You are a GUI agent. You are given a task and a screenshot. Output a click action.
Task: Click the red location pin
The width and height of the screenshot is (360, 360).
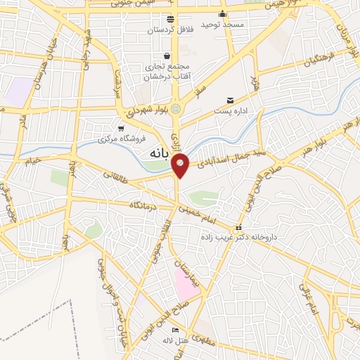click(181, 165)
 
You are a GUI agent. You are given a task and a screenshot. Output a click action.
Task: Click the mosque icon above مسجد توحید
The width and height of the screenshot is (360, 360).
click(223, 14)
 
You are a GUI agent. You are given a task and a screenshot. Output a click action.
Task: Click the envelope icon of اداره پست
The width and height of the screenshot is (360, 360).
click(230, 101)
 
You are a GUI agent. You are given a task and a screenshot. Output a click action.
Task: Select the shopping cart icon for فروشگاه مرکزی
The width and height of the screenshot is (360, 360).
click(122, 128)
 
